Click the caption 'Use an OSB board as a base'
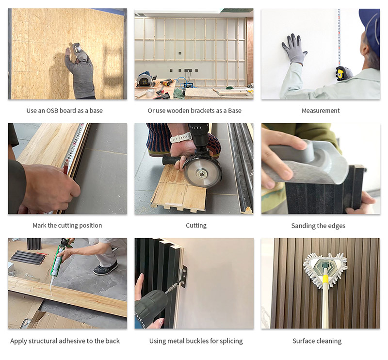(65, 111)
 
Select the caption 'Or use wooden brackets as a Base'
(194, 111)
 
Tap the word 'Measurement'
(321, 111)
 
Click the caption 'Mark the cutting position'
(67, 226)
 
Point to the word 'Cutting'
(196, 226)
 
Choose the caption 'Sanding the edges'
(318, 226)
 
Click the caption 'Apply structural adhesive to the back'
(65, 341)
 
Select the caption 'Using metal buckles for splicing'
(196, 341)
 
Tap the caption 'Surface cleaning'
(317, 341)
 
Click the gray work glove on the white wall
(293, 49)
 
